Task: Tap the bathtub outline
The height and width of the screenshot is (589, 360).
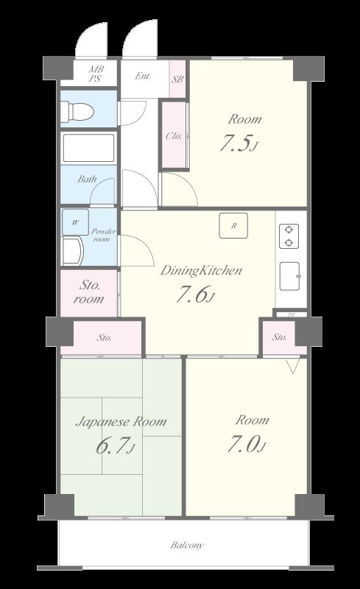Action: click(x=88, y=148)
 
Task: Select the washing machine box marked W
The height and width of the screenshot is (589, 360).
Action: click(x=76, y=222)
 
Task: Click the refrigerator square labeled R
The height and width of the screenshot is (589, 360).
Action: click(x=233, y=225)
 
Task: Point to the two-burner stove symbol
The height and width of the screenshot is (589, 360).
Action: click(x=289, y=236)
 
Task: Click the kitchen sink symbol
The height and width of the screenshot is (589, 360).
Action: click(x=290, y=276)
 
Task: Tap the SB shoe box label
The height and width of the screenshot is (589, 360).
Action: click(x=177, y=80)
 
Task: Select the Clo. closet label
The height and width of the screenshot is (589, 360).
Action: click(x=174, y=135)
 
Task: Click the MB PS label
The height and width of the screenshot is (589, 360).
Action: click(x=96, y=74)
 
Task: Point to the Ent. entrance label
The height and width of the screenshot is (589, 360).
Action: click(x=143, y=76)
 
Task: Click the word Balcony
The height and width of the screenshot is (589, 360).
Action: click(x=187, y=545)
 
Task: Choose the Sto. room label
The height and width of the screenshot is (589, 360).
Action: click(x=89, y=292)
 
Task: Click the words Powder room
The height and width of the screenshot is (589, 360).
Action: click(x=103, y=235)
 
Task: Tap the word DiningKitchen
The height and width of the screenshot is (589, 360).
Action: click(x=201, y=270)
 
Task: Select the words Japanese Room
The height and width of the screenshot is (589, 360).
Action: click(x=121, y=422)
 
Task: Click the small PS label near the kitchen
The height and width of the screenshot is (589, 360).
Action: click(x=292, y=315)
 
